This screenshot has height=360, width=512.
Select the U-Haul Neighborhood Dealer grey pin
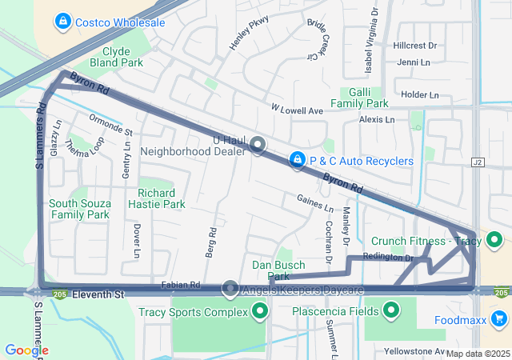(258, 145)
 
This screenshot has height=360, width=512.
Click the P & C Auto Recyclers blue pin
(298, 161)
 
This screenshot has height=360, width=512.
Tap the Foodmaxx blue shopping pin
(500, 320)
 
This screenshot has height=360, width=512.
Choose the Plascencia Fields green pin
(391, 310)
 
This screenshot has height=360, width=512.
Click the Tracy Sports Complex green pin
(259, 312)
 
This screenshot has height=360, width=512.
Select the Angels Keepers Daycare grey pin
(230, 288)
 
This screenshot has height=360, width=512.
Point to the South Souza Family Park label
(79, 209)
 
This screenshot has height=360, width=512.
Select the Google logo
(26, 350)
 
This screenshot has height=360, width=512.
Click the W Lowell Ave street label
(296, 109)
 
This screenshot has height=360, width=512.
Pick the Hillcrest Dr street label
(415, 46)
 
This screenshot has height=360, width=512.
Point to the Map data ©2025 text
(478, 353)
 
